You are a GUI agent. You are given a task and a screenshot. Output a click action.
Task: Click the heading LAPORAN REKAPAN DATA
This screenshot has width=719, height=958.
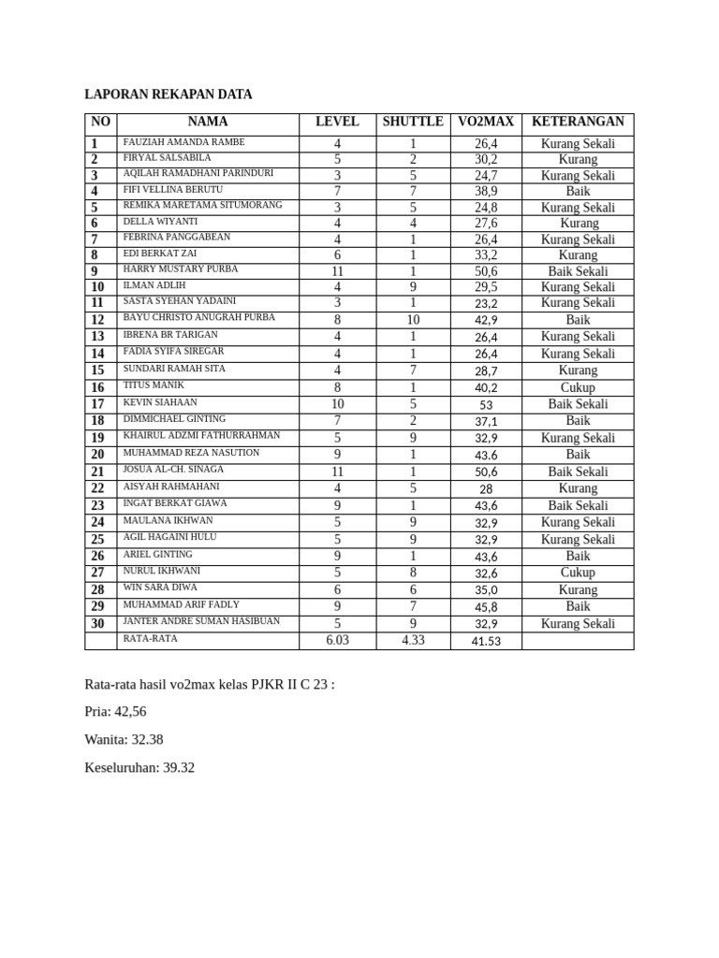pos(169,94)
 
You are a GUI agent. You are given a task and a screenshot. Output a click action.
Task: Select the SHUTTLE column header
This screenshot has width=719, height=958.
pos(413,123)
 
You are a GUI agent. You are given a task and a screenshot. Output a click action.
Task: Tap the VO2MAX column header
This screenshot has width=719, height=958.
pos(486,123)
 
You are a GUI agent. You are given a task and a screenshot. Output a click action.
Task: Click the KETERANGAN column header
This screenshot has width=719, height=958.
pos(578,123)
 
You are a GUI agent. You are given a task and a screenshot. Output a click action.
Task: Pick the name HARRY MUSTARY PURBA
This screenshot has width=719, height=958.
pos(181,269)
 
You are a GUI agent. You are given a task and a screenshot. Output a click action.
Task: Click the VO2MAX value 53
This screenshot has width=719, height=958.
pos(486,405)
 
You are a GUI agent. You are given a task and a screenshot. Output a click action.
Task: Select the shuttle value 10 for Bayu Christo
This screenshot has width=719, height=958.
pos(413,320)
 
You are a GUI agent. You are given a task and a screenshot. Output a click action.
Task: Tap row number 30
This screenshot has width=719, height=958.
pos(97,623)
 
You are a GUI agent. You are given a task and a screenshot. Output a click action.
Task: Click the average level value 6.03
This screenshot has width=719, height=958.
pos(337,641)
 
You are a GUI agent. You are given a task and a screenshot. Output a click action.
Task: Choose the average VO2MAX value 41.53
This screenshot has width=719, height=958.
pos(486,641)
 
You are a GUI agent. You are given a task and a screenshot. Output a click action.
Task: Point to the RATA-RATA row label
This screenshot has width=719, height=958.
pos(150,639)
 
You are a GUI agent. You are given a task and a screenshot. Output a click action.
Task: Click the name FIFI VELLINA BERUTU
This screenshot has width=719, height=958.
pos(173,190)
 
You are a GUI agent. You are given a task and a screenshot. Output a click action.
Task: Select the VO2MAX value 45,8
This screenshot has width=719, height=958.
pos(486,607)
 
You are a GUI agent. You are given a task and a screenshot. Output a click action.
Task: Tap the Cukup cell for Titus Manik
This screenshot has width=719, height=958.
pos(578,387)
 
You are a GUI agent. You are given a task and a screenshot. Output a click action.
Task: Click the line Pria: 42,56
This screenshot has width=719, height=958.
pos(115,712)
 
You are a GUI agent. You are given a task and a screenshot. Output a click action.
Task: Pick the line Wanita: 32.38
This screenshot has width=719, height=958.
pos(124,740)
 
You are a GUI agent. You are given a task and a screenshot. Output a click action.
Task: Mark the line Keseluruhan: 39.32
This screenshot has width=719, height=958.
pos(139,768)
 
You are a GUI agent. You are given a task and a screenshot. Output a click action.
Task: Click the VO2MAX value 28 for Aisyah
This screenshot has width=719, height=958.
pos(486,489)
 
